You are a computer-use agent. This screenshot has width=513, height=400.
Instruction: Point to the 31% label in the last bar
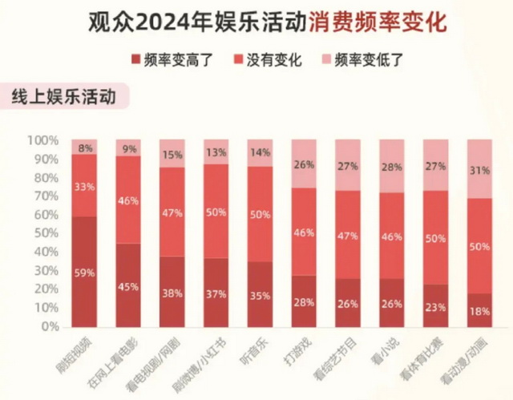click(x=479, y=170)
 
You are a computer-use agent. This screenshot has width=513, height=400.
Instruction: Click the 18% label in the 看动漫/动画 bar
click(x=479, y=311)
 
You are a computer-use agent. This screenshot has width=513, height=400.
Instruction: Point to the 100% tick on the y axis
click(x=42, y=140)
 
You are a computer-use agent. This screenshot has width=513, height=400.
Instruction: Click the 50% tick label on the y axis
click(x=46, y=233)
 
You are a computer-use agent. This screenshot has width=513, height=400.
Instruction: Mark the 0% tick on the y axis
click(x=49, y=327)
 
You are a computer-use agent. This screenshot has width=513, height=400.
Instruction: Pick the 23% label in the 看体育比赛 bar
click(x=436, y=306)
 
